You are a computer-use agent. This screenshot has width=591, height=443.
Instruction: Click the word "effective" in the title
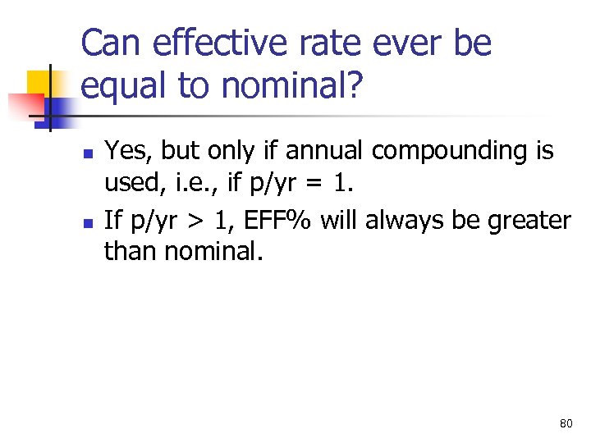[204, 43]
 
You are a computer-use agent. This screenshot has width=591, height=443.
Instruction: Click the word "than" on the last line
[131, 250]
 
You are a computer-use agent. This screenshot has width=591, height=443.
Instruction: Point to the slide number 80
[566, 423]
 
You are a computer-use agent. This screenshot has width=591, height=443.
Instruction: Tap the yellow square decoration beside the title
[41, 82]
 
